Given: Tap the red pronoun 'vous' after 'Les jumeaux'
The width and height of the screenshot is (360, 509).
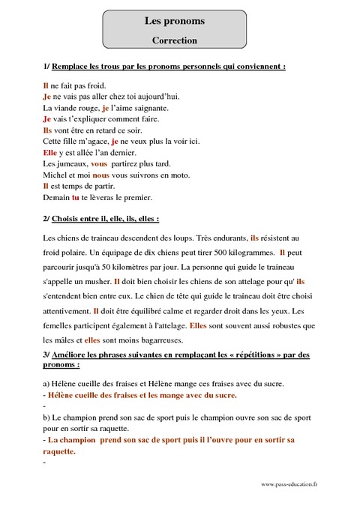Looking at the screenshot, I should coord(98,163).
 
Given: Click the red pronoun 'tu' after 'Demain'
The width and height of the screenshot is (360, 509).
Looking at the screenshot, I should coord(75,198).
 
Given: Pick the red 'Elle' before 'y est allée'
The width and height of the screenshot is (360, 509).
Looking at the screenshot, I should coord(51,151).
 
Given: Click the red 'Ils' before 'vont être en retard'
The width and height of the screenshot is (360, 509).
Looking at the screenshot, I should coord(49,130).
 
